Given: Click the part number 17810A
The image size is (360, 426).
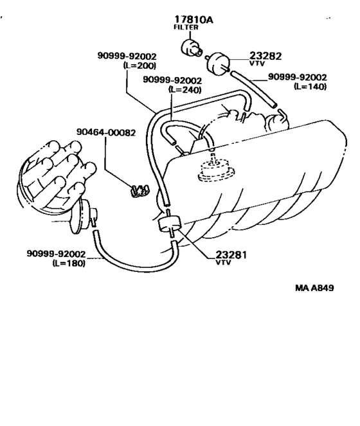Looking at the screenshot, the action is (194, 19).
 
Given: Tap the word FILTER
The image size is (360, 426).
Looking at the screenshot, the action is (186, 27).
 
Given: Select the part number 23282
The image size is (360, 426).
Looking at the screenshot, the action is (265, 56).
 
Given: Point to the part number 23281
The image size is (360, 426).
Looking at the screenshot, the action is (231, 255).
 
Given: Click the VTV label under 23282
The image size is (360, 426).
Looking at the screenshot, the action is (257, 64).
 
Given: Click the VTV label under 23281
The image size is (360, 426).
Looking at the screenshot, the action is (223, 262).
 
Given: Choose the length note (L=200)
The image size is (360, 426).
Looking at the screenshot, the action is (139, 66).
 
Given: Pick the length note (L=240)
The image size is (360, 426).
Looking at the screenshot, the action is (185, 90).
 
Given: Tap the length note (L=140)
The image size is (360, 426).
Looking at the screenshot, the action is (310, 86).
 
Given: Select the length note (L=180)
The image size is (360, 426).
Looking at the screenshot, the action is (69, 263).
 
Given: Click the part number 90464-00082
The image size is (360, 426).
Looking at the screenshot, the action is (106, 132).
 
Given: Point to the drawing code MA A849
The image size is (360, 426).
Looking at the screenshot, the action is (314, 288).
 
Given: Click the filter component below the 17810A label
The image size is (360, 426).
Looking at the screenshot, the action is (191, 48).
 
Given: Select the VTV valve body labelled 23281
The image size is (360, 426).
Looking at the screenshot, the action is (170, 224).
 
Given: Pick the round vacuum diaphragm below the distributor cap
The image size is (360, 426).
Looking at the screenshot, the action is (80, 217).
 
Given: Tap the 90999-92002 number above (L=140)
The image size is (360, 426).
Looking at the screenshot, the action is (298, 77).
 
